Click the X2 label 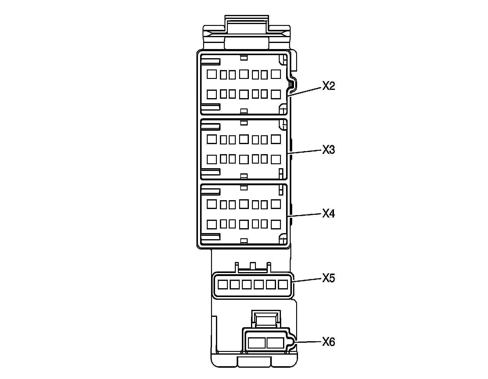tap(328, 86)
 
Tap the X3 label tap(328, 150)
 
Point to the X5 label tap(328, 278)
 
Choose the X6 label tap(328, 342)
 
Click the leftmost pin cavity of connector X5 tap(223, 285)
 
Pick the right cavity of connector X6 tap(275, 343)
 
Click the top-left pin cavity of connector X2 tap(211, 74)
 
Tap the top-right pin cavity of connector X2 tap(276, 74)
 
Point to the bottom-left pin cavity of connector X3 tap(211, 159)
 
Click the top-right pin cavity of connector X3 tap(276, 139)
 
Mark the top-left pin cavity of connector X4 tap(211, 204)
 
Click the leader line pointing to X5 tap(307, 281)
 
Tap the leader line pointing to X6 tap(308, 342)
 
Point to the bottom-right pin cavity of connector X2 tap(276, 94)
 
